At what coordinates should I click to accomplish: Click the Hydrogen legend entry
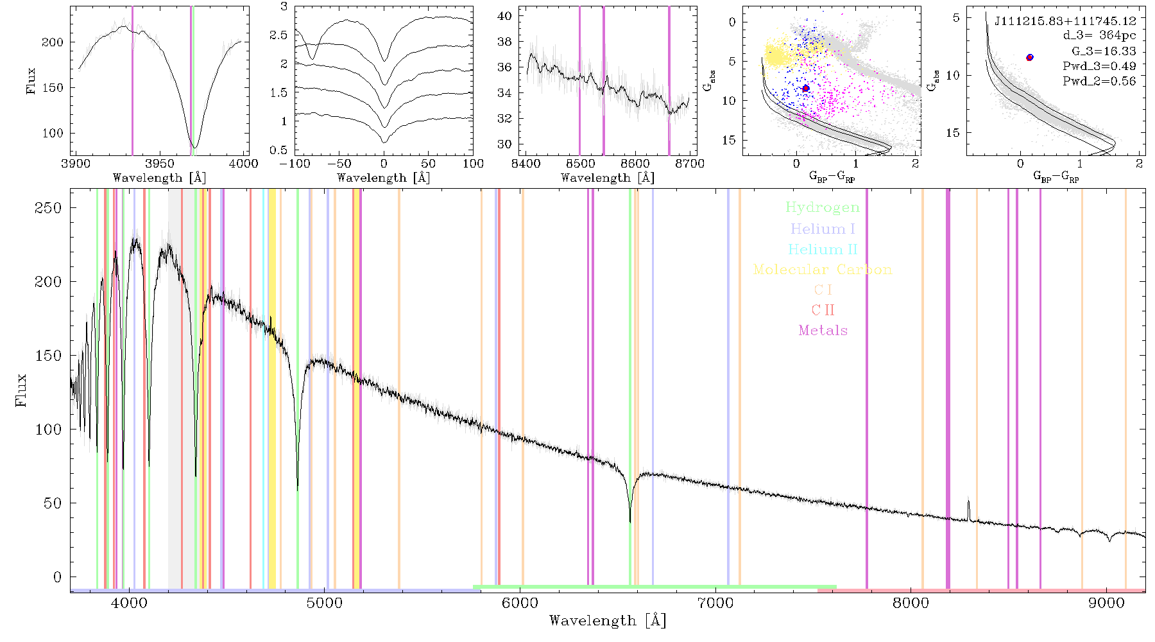point(822,208)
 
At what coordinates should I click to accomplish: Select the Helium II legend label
point(823,249)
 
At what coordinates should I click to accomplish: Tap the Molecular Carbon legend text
point(823,270)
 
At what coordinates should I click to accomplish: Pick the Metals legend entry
point(823,331)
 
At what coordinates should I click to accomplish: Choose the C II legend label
point(823,310)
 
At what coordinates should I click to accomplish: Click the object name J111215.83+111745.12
point(1065,21)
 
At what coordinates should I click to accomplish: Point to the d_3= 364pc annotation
point(1099,36)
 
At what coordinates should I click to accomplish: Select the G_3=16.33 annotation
point(1104,51)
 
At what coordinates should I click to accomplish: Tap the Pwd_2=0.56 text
point(1099,82)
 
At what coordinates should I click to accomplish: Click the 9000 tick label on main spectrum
point(1106,603)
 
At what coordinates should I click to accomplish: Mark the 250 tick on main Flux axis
point(48,208)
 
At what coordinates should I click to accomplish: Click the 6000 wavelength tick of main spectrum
point(520,603)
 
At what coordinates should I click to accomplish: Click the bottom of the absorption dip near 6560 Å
point(630,521)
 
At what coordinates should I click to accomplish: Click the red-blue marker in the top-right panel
point(1030,57)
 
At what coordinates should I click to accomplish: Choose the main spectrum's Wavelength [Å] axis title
point(608,621)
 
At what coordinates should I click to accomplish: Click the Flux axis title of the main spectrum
point(21,390)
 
